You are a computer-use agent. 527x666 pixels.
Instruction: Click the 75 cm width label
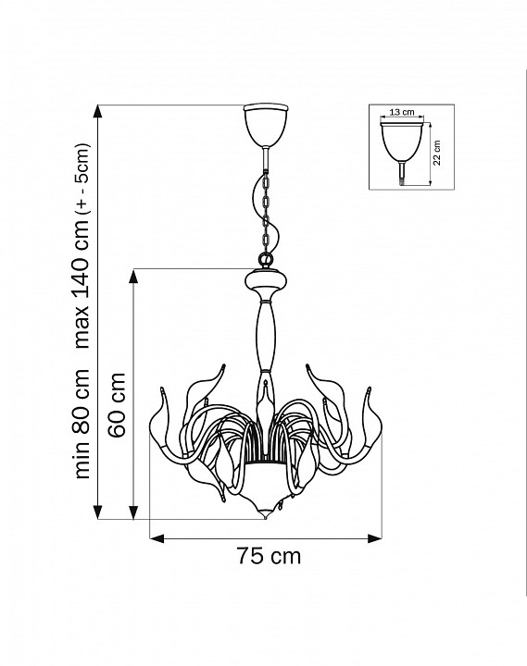click(x=269, y=556)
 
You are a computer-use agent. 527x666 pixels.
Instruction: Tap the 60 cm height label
click(x=117, y=405)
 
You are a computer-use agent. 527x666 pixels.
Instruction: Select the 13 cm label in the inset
click(x=402, y=112)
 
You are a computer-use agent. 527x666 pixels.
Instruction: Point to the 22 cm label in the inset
click(x=437, y=153)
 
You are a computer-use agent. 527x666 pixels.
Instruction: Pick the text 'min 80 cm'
click(x=82, y=424)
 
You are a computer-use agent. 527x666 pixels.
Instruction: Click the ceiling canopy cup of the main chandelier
click(x=266, y=125)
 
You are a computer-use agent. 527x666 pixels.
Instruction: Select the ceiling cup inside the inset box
click(x=402, y=142)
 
